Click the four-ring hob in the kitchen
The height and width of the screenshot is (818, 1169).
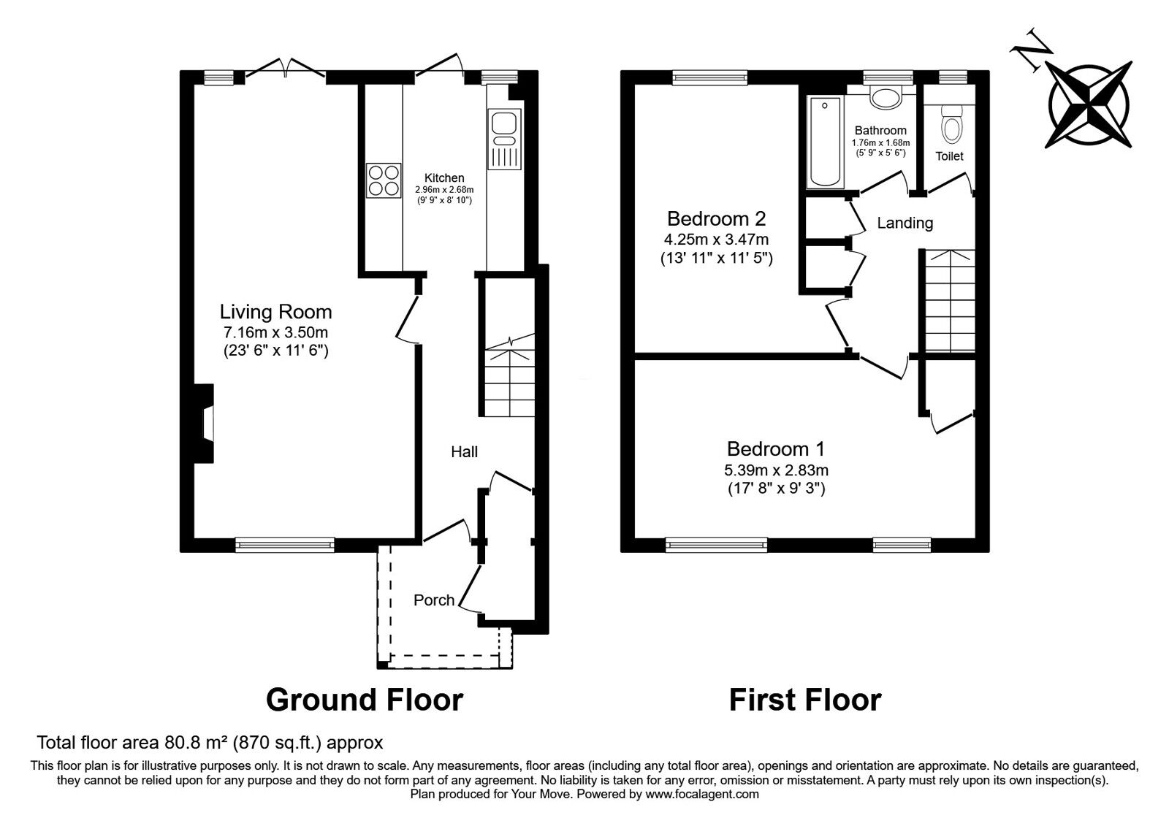click(384, 179)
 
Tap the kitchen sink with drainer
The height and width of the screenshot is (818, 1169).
click(504, 139)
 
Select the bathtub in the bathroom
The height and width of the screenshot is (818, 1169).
click(825, 142)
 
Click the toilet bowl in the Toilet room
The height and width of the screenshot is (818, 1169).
click(951, 126)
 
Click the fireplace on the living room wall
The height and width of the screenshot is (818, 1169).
click(205, 424)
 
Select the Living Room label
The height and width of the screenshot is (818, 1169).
click(275, 312)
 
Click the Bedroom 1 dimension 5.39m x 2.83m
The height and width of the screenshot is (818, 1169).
click(776, 470)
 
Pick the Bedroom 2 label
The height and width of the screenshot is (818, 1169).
click(716, 218)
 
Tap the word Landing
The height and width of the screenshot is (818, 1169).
click(905, 223)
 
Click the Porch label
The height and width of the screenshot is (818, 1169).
click(434, 600)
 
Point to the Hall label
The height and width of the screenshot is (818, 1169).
click(464, 451)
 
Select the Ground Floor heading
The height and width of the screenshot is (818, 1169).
click(364, 699)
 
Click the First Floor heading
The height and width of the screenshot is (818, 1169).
click(804, 699)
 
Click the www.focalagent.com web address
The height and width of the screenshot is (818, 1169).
click(701, 793)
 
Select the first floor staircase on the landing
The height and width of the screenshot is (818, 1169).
click(950, 299)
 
